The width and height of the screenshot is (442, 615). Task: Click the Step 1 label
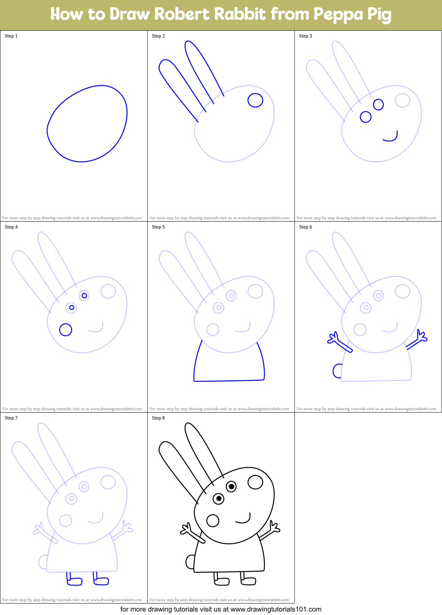11,36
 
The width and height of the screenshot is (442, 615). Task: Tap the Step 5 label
158,227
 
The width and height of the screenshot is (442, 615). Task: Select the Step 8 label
158,418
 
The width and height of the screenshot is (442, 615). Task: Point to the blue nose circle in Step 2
255,100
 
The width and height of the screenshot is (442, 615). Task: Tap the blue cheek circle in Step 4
66,330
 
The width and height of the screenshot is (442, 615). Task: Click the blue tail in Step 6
337,371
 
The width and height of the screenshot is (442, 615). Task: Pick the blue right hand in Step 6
421,336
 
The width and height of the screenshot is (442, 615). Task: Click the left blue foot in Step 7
74,581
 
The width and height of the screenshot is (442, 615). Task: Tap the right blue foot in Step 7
101,580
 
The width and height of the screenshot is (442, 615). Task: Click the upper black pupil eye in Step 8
231,486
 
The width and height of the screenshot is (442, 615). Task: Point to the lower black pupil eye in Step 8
219,499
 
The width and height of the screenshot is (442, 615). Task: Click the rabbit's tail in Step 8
190,562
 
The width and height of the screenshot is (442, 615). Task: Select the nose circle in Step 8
255,482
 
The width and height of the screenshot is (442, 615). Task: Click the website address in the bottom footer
276,609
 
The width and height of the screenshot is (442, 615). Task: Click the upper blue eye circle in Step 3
378,104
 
